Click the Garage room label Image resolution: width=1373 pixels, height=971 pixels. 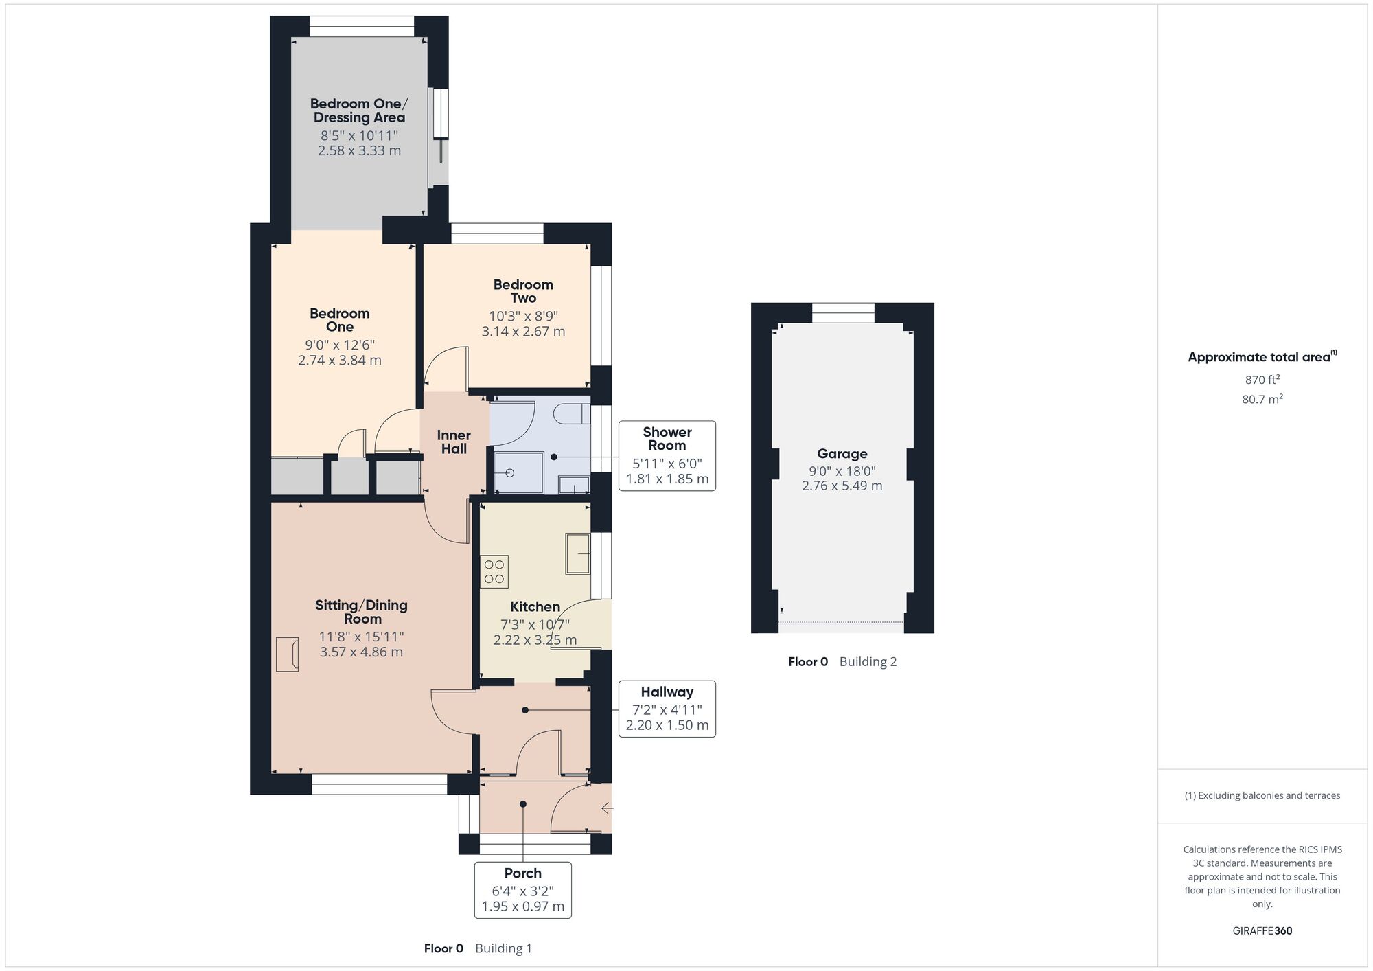pyautogui.click(x=842, y=454)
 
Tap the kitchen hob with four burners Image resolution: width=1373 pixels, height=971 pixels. pyautogui.click(x=494, y=571)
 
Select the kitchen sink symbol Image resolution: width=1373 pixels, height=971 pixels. pyautogui.click(x=577, y=553)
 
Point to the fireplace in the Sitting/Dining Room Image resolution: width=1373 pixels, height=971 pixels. pyautogui.click(x=288, y=654)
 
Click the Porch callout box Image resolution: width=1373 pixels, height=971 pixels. pyautogui.click(x=522, y=890)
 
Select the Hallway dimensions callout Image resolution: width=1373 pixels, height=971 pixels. pyautogui.click(x=667, y=709)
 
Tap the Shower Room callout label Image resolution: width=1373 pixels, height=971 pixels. pyautogui.click(x=667, y=439)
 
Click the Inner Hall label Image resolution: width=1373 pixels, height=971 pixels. pyautogui.click(x=454, y=442)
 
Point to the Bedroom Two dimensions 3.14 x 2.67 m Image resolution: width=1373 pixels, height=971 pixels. pyautogui.click(x=523, y=332)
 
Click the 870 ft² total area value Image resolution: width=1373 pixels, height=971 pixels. pyautogui.click(x=1262, y=380)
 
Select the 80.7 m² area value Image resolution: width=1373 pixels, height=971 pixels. pyautogui.click(x=1262, y=399)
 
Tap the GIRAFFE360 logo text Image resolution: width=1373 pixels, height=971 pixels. pyautogui.click(x=1262, y=931)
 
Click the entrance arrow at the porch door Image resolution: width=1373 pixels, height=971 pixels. pyautogui.click(x=606, y=809)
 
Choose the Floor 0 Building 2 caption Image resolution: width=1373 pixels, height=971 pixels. pyautogui.click(x=842, y=662)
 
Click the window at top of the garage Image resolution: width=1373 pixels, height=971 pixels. pyautogui.click(x=843, y=312)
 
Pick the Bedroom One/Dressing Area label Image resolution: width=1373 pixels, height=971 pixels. pyautogui.click(x=359, y=111)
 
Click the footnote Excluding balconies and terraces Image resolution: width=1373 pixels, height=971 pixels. pyautogui.click(x=1262, y=796)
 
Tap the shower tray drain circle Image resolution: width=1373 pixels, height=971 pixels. pyautogui.click(x=510, y=473)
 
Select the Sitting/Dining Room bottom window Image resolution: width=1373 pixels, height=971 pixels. pyautogui.click(x=380, y=785)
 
